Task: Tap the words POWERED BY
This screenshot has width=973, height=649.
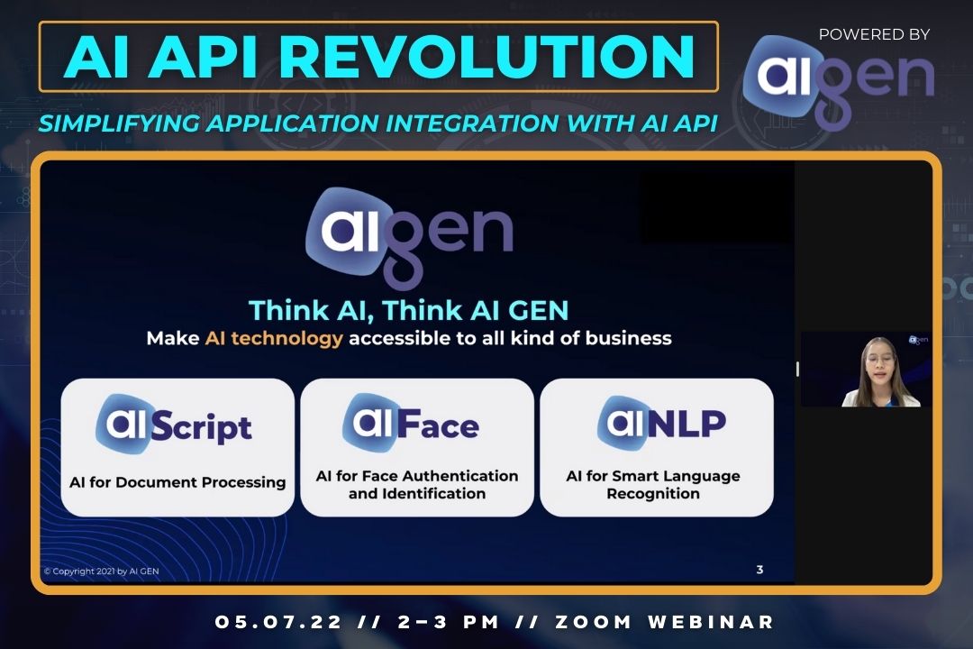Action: point(874,34)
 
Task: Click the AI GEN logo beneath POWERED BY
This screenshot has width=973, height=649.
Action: point(838,82)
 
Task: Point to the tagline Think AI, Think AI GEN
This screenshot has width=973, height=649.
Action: point(409,310)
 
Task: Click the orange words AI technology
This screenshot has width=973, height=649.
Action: point(274,339)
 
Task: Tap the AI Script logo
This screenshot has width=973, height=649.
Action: point(177,425)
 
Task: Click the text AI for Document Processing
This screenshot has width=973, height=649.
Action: point(177,482)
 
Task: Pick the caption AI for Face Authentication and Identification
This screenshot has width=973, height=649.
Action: point(417,485)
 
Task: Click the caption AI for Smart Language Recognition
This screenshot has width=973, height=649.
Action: point(653,485)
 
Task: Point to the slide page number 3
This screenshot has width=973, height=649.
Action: point(759,570)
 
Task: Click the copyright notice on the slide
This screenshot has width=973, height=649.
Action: point(101,571)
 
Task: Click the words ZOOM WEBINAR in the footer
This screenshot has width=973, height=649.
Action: point(666,622)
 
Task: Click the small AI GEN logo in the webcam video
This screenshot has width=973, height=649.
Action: point(918,340)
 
